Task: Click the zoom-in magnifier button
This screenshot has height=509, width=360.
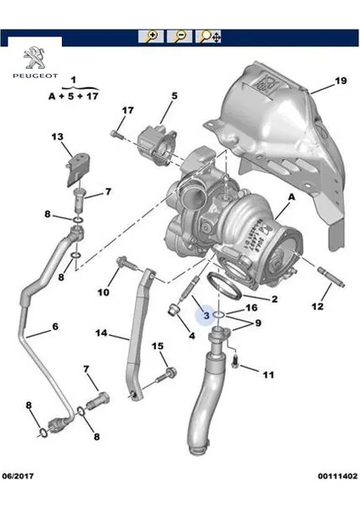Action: [150, 36]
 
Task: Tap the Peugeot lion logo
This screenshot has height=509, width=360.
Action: [35, 58]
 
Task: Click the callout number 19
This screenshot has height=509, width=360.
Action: [340, 81]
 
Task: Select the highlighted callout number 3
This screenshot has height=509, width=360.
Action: [206, 315]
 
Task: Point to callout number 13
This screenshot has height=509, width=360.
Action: [57, 137]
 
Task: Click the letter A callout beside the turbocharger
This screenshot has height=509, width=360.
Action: [292, 197]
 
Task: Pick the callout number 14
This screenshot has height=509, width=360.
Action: [101, 333]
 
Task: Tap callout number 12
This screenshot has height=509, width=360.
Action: [318, 306]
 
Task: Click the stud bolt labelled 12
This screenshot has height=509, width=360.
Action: [332, 277]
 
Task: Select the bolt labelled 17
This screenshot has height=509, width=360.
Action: [117, 134]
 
